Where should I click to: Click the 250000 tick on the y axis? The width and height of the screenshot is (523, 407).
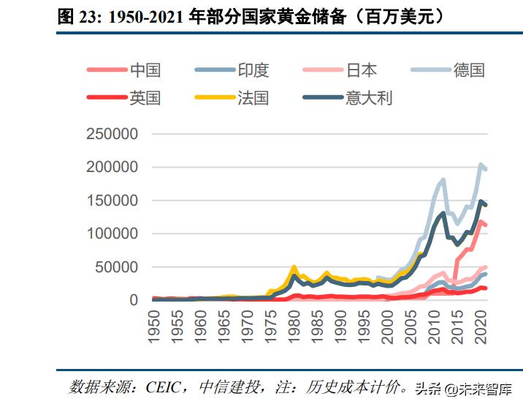112,134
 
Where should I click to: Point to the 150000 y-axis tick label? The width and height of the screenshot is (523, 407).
112,201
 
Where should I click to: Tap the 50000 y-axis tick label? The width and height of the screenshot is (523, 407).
116,267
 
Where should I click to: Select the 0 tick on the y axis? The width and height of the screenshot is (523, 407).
134,300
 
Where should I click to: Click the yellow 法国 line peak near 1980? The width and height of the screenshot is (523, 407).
294,267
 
